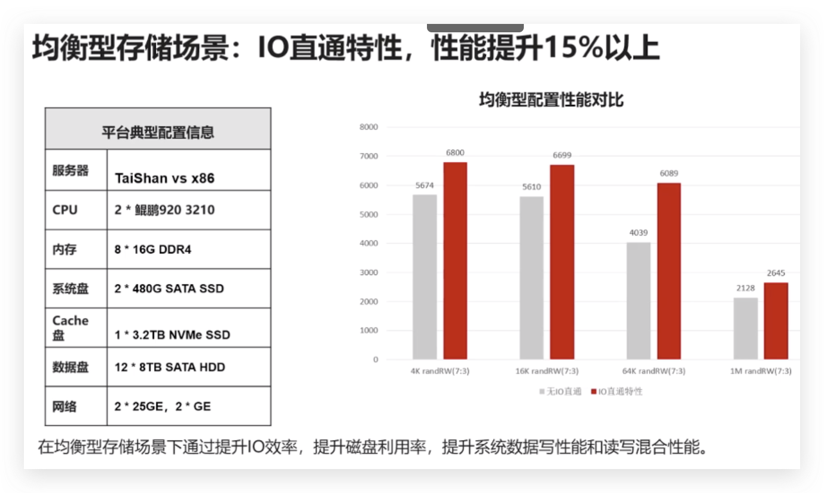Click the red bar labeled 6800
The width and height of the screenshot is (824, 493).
(455, 260)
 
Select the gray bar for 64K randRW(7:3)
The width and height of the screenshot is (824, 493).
(638, 300)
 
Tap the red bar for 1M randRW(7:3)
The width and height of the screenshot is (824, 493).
(776, 321)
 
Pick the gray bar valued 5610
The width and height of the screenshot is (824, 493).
(531, 278)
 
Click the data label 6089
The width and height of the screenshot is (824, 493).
(669, 174)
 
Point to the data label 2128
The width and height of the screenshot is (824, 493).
(745, 288)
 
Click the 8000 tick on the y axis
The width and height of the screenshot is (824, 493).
(368, 127)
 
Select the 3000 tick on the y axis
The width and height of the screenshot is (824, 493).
(368, 272)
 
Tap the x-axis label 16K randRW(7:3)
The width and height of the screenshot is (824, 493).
(546, 371)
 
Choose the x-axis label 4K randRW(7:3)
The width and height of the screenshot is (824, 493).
(440, 371)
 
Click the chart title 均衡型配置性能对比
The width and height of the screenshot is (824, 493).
(551, 100)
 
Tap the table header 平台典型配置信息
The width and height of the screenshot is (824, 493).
(158, 132)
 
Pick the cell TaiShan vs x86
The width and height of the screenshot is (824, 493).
(164, 178)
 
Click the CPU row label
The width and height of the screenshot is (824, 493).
(65, 210)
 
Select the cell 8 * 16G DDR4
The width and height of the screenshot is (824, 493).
(153, 249)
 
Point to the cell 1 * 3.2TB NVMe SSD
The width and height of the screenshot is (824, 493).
(172, 334)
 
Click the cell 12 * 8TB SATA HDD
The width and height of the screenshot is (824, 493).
(170, 367)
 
